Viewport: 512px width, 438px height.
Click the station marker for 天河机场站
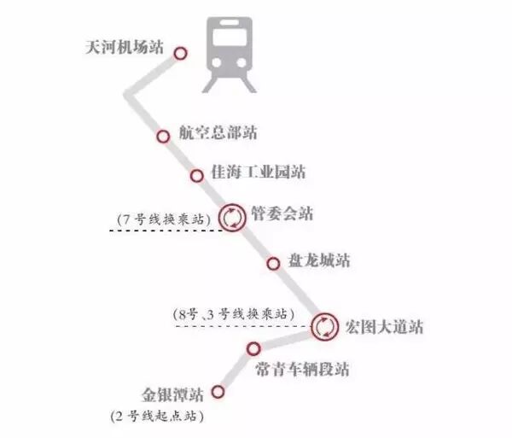(180, 54)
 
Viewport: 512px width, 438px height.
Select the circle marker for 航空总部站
(163, 137)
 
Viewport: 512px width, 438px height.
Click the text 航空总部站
(218, 133)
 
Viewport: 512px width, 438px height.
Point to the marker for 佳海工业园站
(196, 176)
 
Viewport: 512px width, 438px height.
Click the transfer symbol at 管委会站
(232, 217)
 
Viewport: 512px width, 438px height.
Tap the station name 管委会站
(282, 213)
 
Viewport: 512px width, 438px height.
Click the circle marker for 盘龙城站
(274, 264)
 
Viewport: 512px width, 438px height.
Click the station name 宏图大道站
(383, 326)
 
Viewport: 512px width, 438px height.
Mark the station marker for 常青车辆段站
(253, 348)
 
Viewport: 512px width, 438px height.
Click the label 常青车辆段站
(302, 370)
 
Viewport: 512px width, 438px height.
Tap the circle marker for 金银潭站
(218, 393)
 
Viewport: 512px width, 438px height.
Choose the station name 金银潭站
(173, 394)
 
